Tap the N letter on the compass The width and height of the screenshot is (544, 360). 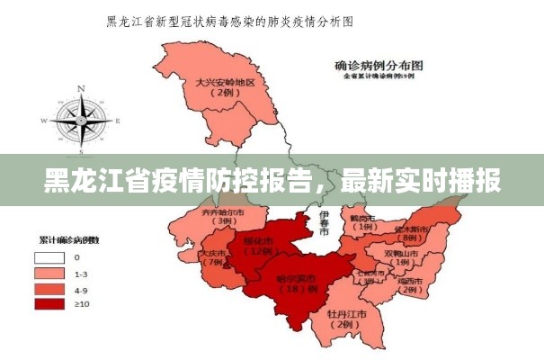pos(81,89)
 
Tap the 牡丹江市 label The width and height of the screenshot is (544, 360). pos(346,314)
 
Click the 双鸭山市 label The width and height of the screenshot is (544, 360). pos(401,254)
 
